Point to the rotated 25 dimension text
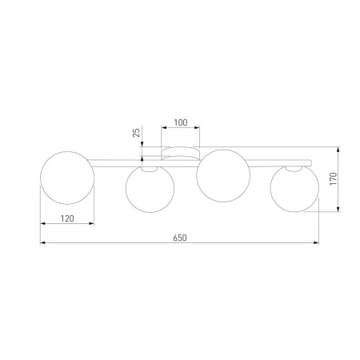click(137, 134)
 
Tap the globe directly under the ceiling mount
click(221, 178)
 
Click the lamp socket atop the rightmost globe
click(297, 168)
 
